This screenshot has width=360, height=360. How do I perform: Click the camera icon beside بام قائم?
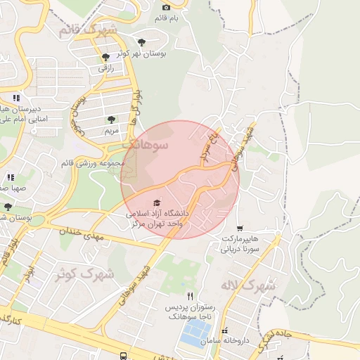coord(167,7)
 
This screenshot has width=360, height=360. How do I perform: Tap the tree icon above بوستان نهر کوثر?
coord(143,41)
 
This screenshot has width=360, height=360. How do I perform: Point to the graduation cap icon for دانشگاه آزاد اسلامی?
coord(156,202)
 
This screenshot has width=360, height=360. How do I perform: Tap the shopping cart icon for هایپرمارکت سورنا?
coord(240,229)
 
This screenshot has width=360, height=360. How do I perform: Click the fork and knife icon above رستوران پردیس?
coord(188,297)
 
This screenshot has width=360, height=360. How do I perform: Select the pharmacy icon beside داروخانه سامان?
coord(224,330)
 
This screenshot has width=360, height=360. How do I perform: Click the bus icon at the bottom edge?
coord(124,356)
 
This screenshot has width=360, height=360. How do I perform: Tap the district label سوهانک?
coord(146,144)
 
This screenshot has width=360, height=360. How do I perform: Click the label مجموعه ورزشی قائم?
coord(106,163)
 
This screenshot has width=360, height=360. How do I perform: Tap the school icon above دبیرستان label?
coord(15,97)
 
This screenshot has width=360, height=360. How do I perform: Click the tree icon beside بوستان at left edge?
coord(7,207)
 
